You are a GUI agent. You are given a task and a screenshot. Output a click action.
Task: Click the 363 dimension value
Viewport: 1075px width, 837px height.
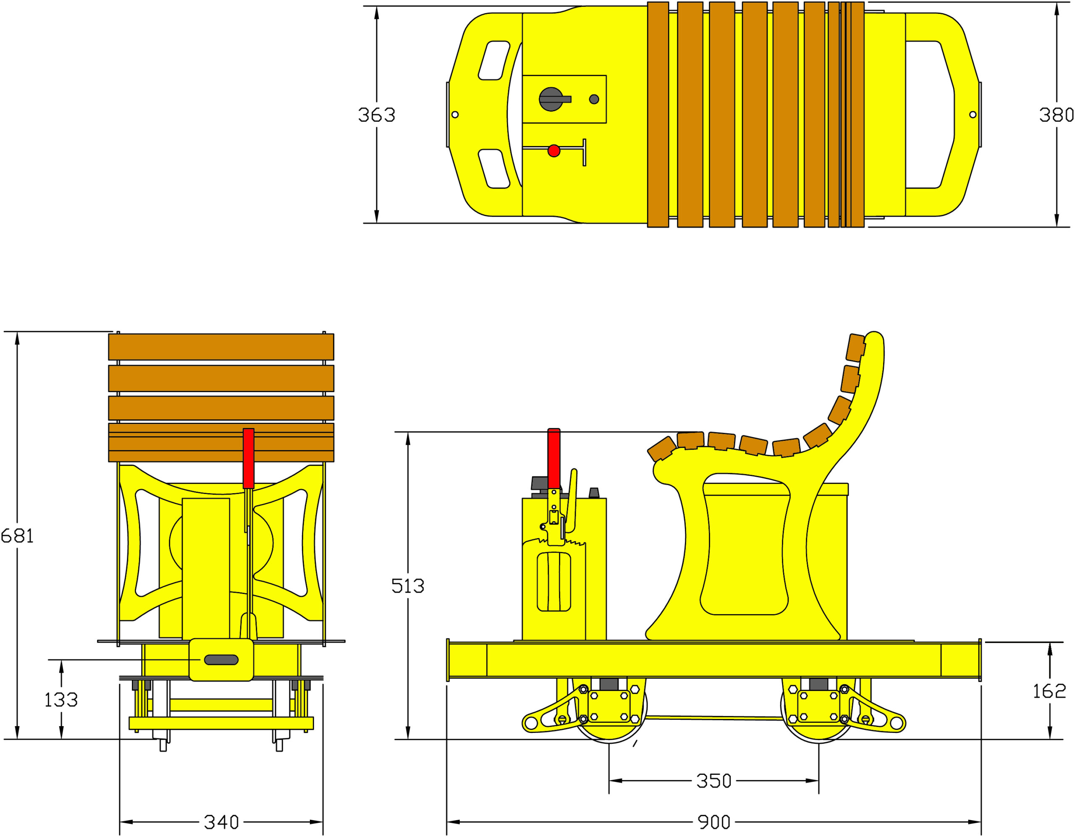point(377,115)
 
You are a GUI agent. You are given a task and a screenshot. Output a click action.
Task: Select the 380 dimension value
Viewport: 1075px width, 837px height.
point(1056,115)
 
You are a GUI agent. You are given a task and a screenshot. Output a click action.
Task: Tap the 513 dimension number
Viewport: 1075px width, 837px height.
point(408,586)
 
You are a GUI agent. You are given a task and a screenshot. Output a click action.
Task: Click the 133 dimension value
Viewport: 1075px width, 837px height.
point(61,700)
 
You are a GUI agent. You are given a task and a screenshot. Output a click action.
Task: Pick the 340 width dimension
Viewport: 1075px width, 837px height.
point(221,822)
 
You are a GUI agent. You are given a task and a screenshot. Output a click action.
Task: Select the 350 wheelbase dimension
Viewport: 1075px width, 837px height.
point(714,781)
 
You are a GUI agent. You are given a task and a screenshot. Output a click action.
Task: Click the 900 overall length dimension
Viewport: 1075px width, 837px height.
point(714,822)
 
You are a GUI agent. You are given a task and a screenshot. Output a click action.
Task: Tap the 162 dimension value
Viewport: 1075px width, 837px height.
point(1049,691)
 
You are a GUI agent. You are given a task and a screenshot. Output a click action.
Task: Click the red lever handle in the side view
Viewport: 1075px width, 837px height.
point(554,459)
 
